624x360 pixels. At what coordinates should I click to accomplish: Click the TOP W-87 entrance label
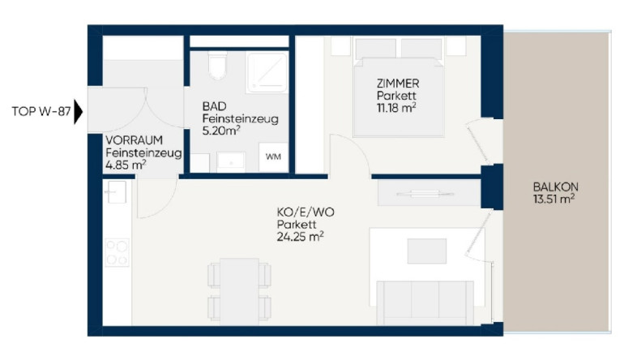[41, 112]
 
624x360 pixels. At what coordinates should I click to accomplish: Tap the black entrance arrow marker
[78, 112]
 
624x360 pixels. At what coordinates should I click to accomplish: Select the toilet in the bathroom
[217, 66]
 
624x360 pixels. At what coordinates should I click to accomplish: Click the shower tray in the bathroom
[267, 72]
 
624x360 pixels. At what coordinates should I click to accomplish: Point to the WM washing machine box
[273, 157]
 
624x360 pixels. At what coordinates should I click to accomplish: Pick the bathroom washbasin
[231, 161]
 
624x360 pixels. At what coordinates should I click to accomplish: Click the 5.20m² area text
[221, 131]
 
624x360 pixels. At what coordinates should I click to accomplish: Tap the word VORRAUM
[134, 140]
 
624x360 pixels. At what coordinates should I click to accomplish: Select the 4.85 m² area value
[126, 165]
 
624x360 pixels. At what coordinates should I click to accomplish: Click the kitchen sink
[116, 192]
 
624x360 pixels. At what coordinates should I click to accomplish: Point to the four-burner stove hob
[117, 252]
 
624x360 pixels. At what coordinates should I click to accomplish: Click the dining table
[239, 292]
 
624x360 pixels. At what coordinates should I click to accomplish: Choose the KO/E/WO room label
[306, 212]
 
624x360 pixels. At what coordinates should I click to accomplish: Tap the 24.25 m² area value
[300, 237]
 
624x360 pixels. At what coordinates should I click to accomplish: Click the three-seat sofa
[425, 302]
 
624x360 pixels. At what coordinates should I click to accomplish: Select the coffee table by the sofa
[427, 251]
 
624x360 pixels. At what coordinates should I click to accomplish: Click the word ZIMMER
[398, 84]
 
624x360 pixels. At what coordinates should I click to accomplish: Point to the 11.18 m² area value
[396, 108]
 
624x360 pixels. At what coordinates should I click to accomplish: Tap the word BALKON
[556, 186]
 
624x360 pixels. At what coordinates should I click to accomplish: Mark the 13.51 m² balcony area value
[554, 199]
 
